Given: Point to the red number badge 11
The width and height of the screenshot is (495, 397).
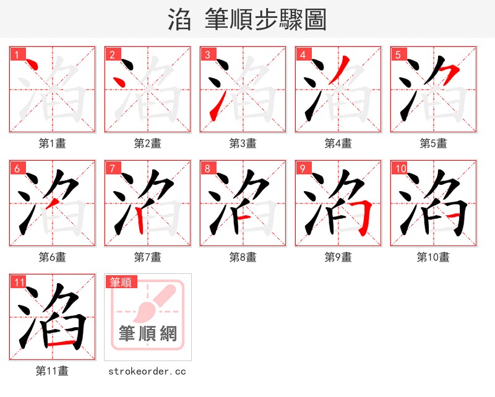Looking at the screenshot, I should (19, 283).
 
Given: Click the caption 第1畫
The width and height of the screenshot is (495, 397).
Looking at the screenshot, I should (53, 143).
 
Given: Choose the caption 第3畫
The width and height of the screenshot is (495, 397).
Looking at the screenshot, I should (243, 143).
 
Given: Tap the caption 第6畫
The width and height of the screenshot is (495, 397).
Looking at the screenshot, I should (53, 257).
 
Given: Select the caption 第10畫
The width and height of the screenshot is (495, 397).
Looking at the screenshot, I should (433, 257).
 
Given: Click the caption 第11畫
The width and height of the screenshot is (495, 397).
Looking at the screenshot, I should (53, 371).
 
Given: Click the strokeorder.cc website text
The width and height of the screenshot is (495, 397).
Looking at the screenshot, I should (147, 371).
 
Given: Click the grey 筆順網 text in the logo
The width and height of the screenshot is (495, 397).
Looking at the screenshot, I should (148, 334).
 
